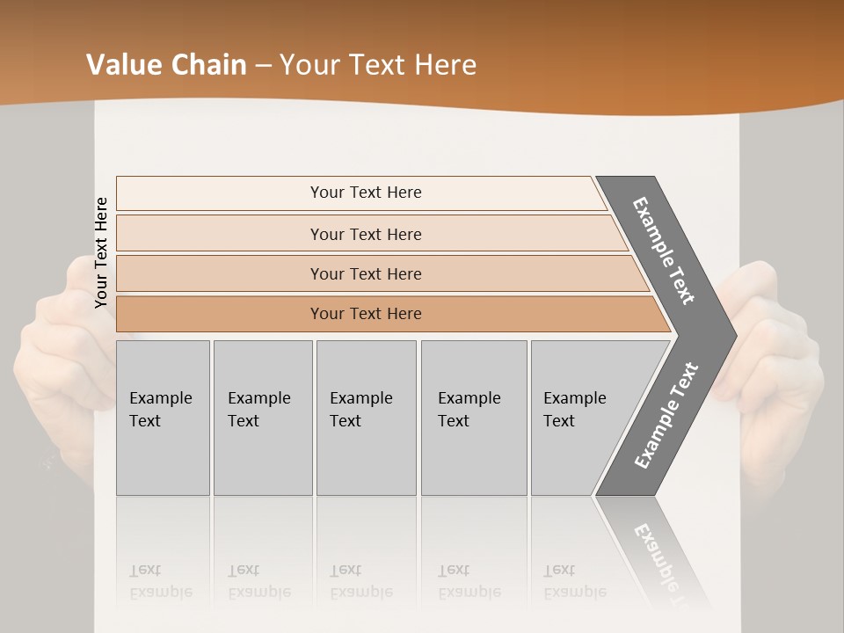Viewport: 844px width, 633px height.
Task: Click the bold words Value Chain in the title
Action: click(166, 64)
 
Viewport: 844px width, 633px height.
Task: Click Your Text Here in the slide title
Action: click(378, 64)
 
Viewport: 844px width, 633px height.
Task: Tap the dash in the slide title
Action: click(263, 65)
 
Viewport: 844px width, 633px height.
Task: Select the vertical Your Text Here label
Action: click(101, 252)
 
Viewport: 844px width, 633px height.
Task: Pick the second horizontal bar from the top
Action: click(366, 234)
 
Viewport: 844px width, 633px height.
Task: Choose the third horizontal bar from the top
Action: click(366, 273)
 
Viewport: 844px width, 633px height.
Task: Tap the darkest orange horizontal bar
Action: click(366, 314)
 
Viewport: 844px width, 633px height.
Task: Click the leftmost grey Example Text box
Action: click(163, 418)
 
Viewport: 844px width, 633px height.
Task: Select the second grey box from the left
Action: click(262, 418)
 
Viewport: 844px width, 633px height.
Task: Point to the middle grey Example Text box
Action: click(366, 418)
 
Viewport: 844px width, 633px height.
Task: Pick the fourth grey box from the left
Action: click(473, 418)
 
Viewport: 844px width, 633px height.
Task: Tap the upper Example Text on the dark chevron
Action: click(664, 251)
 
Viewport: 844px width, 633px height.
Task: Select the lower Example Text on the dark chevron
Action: click(666, 416)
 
